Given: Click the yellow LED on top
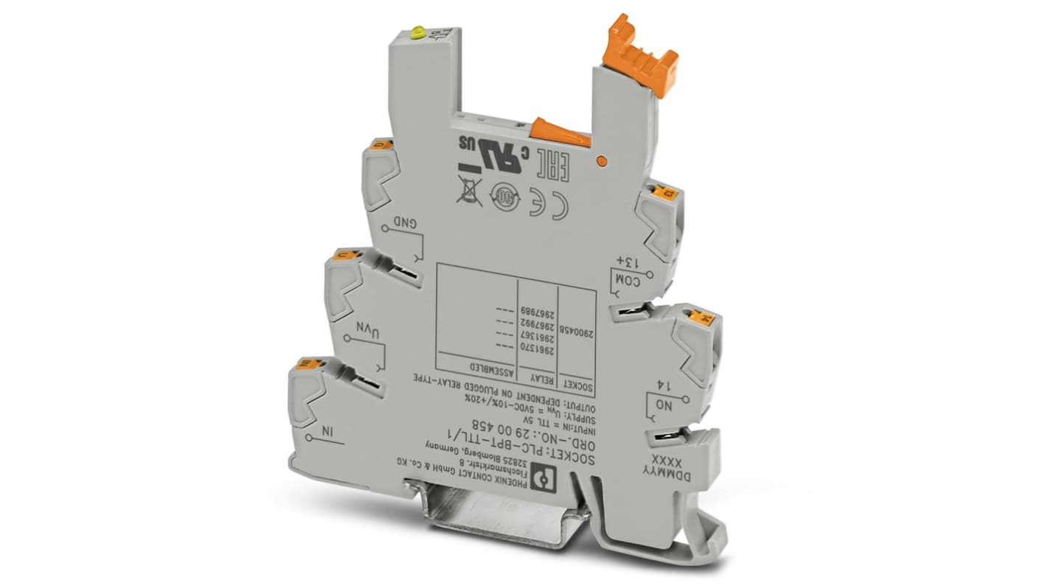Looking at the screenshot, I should pyautogui.click(x=418, y=32).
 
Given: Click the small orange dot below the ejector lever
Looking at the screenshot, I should pyautogui.click(x=600, y=159).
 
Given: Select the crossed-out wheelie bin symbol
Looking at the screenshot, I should pyautogui.click(x=468, y=189).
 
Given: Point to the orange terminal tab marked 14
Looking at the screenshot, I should pyautogui.click(x=702, y=318).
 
